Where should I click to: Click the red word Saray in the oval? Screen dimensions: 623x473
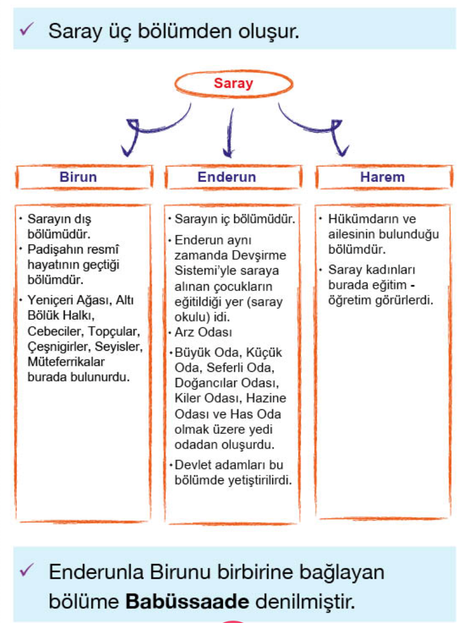click(233, 84)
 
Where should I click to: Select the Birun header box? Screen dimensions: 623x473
click(84, 177)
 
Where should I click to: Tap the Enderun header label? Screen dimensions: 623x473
click(226, 177)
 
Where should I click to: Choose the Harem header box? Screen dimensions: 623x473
click(382, 177)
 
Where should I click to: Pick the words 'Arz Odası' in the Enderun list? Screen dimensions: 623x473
click(200, 332)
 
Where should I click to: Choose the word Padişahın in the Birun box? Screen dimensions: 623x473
click(55, 250)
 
